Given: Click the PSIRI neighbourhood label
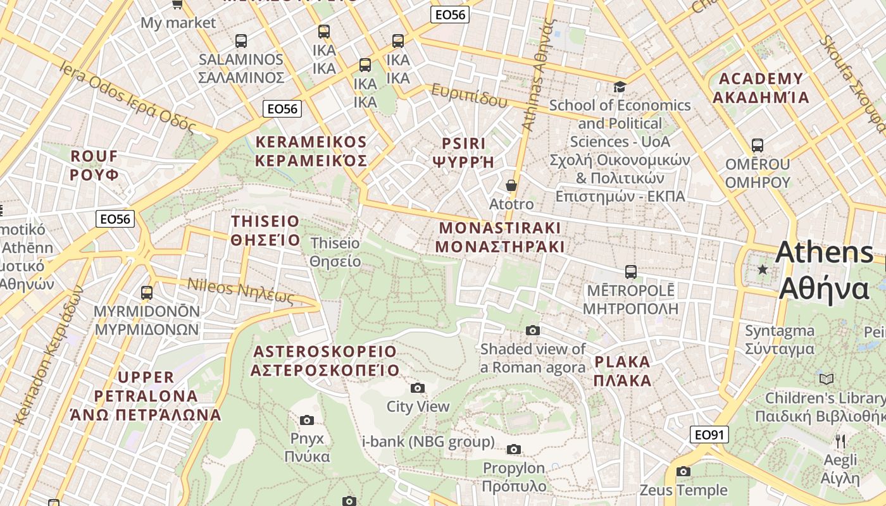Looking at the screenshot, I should click(464, 152).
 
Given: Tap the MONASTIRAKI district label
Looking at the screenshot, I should click(500, 237).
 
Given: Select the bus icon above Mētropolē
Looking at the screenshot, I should click(630, 272).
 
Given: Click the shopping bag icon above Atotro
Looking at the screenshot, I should click(511, 185).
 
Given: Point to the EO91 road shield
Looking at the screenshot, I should click(709, 435).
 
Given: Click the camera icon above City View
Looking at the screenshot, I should click(418, 388).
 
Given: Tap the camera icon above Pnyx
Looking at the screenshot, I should click(307, 420).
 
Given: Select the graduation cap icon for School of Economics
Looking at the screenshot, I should click(620, 87).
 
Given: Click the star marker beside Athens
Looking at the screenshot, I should click(763, 270).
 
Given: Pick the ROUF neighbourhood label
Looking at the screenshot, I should click(94, 165).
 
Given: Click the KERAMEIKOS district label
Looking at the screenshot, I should click(311, 151).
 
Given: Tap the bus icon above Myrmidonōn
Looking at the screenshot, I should click(147, 292).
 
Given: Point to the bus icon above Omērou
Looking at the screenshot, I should click(758, 145).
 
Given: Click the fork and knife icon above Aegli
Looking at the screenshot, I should click(840, 441).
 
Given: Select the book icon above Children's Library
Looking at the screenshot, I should click(827, 379).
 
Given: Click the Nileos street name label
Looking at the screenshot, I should click(241, 291).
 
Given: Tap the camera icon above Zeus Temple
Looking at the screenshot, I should click(683, 471).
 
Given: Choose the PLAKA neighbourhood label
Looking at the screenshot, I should click(623, 371).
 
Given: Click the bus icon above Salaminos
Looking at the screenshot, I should click(240, 40).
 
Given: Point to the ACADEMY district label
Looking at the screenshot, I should click(761, 88).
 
